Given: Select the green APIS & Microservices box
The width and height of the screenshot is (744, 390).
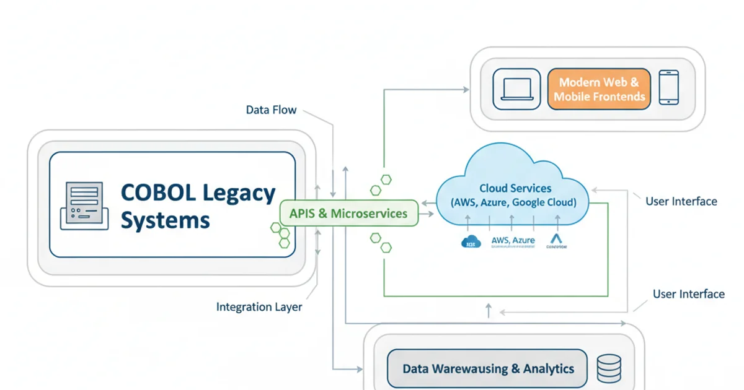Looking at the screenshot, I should tap(348, 214).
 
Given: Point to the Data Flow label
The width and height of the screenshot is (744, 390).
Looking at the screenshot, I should tap(271, 110).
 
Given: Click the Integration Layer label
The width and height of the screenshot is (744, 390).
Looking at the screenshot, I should tap(259, 307).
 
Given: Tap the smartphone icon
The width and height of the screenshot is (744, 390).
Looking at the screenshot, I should tap(668, 87).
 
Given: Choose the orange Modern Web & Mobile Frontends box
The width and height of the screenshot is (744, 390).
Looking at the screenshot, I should tap(599, 89).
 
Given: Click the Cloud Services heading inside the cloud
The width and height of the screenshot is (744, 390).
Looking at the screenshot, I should tap(515, 188).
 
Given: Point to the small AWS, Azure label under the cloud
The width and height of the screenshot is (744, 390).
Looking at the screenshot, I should tap(513, 239).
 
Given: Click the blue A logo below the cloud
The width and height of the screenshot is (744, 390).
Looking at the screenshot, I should tap(556, 240).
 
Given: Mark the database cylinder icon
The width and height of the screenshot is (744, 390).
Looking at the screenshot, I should tap(608, 368).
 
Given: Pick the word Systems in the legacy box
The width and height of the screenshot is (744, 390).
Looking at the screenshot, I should tap(165, 220).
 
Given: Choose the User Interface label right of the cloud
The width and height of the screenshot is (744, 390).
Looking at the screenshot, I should tap(681, 201).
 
